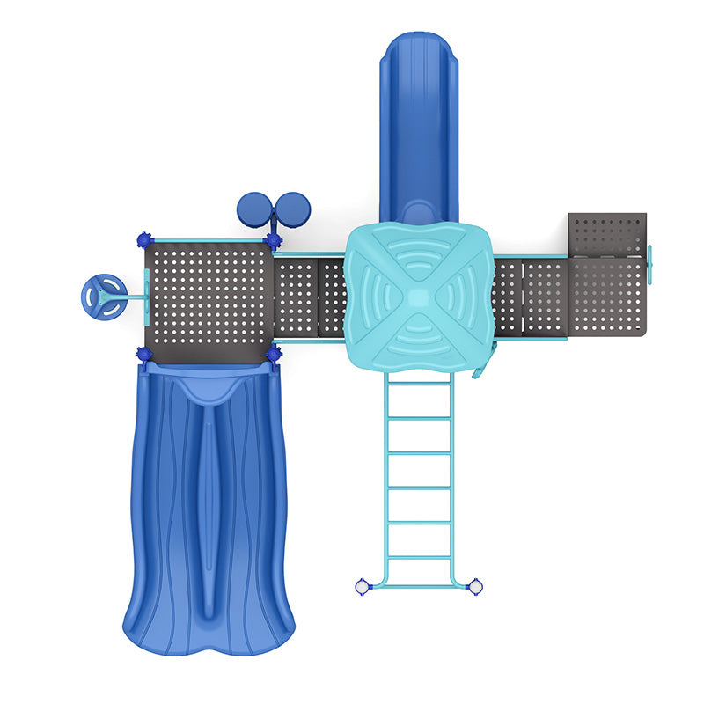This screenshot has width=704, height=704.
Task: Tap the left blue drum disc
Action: (x=253, y=209)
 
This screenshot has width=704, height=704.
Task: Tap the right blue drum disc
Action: (x=293, y=209)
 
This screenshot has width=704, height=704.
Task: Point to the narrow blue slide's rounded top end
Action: (x=419, y=53)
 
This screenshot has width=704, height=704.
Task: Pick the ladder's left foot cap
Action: (x=362, y=586)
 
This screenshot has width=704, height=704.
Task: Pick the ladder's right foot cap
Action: (x=475, y=586)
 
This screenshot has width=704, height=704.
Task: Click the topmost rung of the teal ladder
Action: (x=419, y=384)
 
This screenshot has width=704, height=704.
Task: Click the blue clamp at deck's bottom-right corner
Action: (x=273, y=354)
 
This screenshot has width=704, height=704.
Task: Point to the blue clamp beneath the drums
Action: (x=273, y=239)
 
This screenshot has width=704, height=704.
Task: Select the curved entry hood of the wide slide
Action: (x=208, y=385)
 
